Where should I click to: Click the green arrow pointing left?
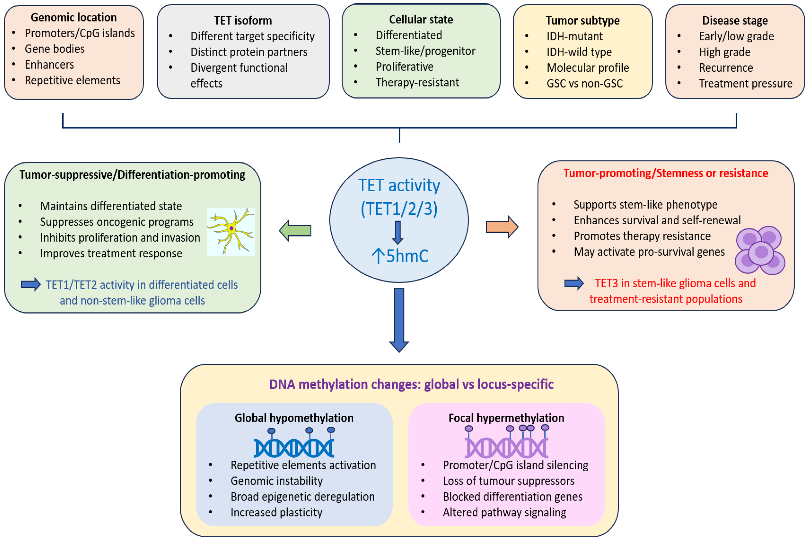point(295,230)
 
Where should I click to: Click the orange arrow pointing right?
point(502,227)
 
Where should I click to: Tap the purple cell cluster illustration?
point(760,250)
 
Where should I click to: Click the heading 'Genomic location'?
point(74,17)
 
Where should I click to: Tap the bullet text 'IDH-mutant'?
point(575,36)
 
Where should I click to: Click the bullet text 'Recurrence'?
point(726,68)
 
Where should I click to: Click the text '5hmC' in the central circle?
point(407,256)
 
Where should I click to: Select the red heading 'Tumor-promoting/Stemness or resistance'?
point(665,173)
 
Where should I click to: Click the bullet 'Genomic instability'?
point(277,481)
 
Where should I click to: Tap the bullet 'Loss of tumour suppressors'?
point(508,481)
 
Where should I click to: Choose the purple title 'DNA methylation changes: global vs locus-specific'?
point(411,384)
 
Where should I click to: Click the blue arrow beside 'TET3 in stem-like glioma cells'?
point(574,283)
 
